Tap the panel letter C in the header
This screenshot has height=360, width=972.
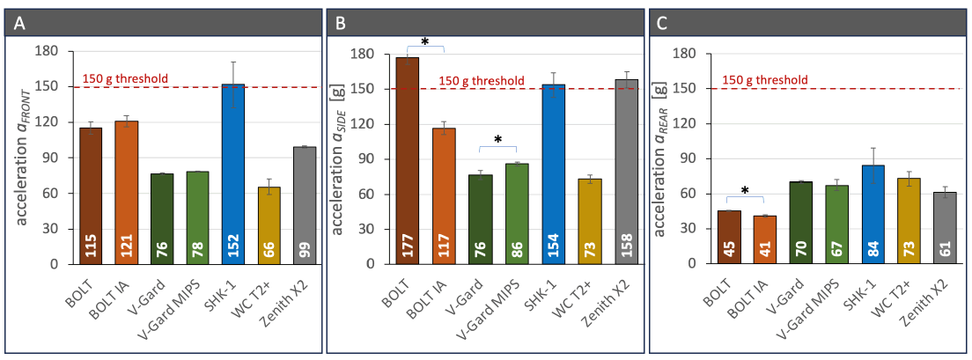663,24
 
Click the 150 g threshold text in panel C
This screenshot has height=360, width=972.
764,80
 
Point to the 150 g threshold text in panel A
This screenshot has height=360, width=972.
125,79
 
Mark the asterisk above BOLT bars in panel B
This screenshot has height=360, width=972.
424,42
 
